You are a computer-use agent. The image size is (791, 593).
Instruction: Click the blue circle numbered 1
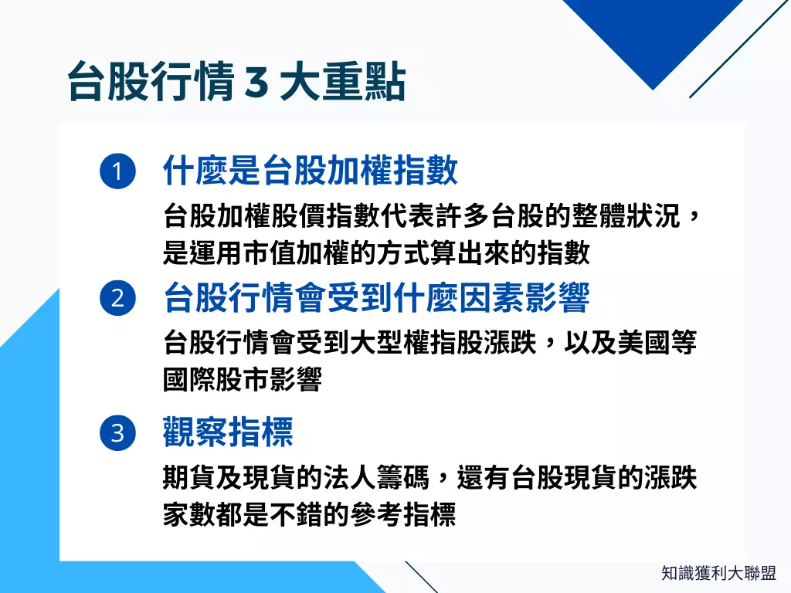(x=117, y=171)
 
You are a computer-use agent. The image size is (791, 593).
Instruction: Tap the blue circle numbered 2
(x=117, y=297)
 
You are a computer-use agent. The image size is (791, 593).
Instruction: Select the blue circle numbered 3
(x=117, y=432)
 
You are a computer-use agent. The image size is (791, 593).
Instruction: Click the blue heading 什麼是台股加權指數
(x=311, y=171)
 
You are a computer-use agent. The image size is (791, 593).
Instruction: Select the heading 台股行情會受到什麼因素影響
(x=376, y=297)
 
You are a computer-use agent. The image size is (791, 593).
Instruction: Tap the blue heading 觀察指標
(x=228, y=432)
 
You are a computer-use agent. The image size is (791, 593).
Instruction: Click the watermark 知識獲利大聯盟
(x=718, y=573)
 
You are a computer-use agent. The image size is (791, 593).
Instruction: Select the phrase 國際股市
(x=216, y=380)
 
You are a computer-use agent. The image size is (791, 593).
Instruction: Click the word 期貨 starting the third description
(x=189, y=477)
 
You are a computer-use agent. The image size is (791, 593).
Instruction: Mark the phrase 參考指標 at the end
(x=403, y=514)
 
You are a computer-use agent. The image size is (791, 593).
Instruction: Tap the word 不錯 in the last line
(x=296, y=514)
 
